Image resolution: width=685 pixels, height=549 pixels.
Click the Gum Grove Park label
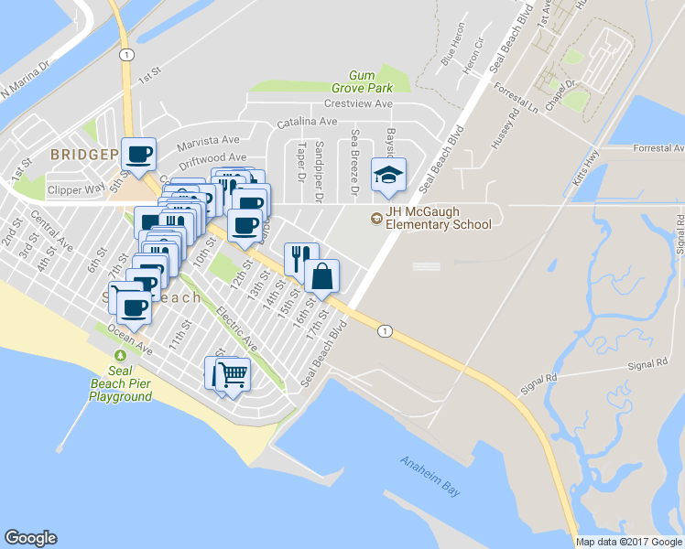tap(370, 81)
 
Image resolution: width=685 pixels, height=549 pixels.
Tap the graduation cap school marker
tap(388, 174)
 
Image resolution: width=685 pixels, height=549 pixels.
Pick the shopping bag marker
tap(322, 275)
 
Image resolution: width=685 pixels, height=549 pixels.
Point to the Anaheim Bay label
tap(429, 477)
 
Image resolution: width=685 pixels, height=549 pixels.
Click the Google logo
tap(30, 538)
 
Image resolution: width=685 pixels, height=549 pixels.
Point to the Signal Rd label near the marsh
tap(647, 365)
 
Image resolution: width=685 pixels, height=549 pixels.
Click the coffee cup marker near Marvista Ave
tap(138, 155)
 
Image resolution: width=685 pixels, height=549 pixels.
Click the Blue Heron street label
tap(449, 58)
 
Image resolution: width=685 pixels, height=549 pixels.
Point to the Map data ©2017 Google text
tap(629, 541)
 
